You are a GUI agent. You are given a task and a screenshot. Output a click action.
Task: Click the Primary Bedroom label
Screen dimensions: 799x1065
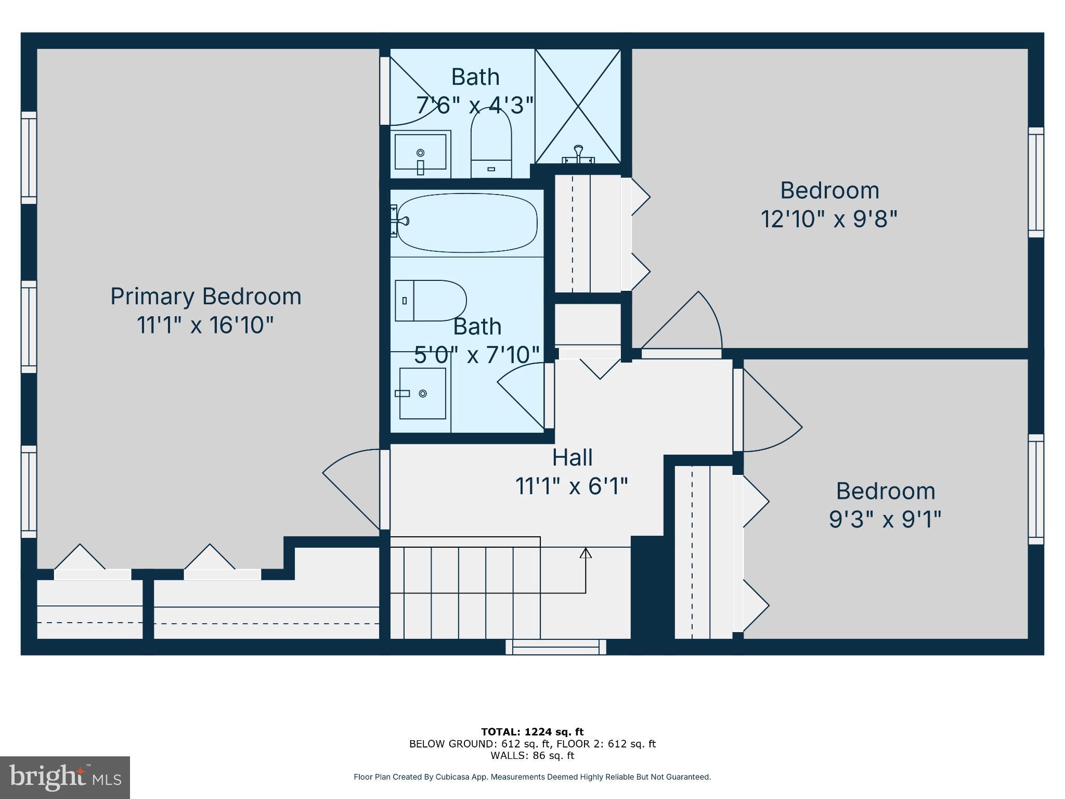(206, 297)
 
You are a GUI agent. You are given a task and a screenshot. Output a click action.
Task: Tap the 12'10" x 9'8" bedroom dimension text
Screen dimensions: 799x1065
(829, 219)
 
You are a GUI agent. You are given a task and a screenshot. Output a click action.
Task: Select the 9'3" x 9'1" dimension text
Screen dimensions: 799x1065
(885, 519)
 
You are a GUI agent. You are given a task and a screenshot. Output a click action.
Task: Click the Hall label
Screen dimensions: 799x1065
(572, 458)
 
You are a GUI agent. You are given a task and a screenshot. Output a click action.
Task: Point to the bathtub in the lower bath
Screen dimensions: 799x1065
(466, 223)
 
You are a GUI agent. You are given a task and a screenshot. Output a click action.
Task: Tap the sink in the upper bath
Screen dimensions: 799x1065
(420, 152)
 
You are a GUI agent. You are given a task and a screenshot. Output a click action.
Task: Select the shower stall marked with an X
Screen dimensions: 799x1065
(578, 106)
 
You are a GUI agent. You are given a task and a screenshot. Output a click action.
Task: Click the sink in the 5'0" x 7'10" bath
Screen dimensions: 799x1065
(422, 393)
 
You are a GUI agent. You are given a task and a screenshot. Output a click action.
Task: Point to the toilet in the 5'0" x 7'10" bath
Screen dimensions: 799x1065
(431, 301)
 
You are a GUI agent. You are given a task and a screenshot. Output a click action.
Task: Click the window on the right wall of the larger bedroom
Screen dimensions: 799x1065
(1035, 183)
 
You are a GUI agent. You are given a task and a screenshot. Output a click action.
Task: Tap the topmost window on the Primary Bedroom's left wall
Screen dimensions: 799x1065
(29, 158)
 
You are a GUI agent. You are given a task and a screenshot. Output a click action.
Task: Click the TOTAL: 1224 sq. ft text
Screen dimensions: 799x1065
(532, 732)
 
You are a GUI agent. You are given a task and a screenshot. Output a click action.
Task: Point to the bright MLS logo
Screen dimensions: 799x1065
(64, 777)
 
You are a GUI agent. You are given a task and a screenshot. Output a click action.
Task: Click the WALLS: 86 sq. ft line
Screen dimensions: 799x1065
(532, 755)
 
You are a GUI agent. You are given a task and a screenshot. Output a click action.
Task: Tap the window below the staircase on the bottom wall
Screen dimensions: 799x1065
(556, 647)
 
